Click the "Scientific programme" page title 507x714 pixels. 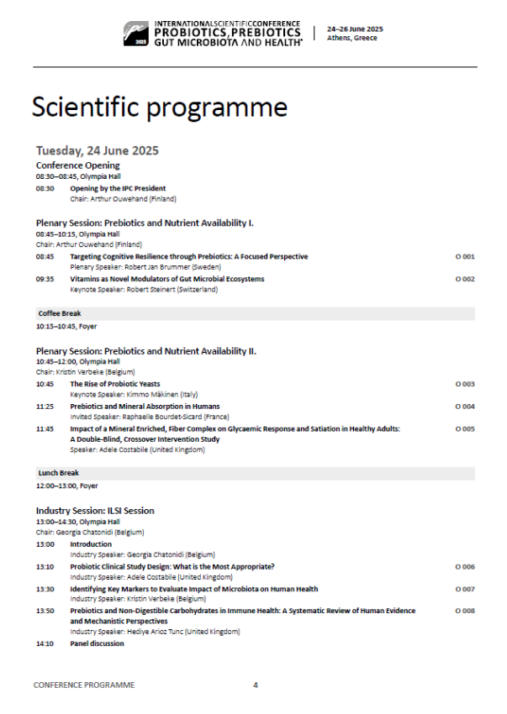coord(159,108)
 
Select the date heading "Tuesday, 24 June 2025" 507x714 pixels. coord(98,150)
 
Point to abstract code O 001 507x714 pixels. coord(465,256)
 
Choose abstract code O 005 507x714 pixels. coord(465,428)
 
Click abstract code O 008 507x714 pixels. coord(465,611)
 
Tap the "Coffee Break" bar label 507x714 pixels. coord(59,313)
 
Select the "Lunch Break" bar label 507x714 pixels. coord(58,474)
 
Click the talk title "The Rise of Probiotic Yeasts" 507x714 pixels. coord(114,384)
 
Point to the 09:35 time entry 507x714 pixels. coord(45,279)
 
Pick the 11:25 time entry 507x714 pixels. coord(45,407)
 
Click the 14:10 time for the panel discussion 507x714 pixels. coord(45,643)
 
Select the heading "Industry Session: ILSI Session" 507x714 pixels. coord(95,511)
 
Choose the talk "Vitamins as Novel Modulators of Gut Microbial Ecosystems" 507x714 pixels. coord(166,279)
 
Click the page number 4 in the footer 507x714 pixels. coord(256,685)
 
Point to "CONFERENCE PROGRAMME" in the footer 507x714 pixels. coord(84,685)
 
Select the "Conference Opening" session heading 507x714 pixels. coord(77,165)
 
